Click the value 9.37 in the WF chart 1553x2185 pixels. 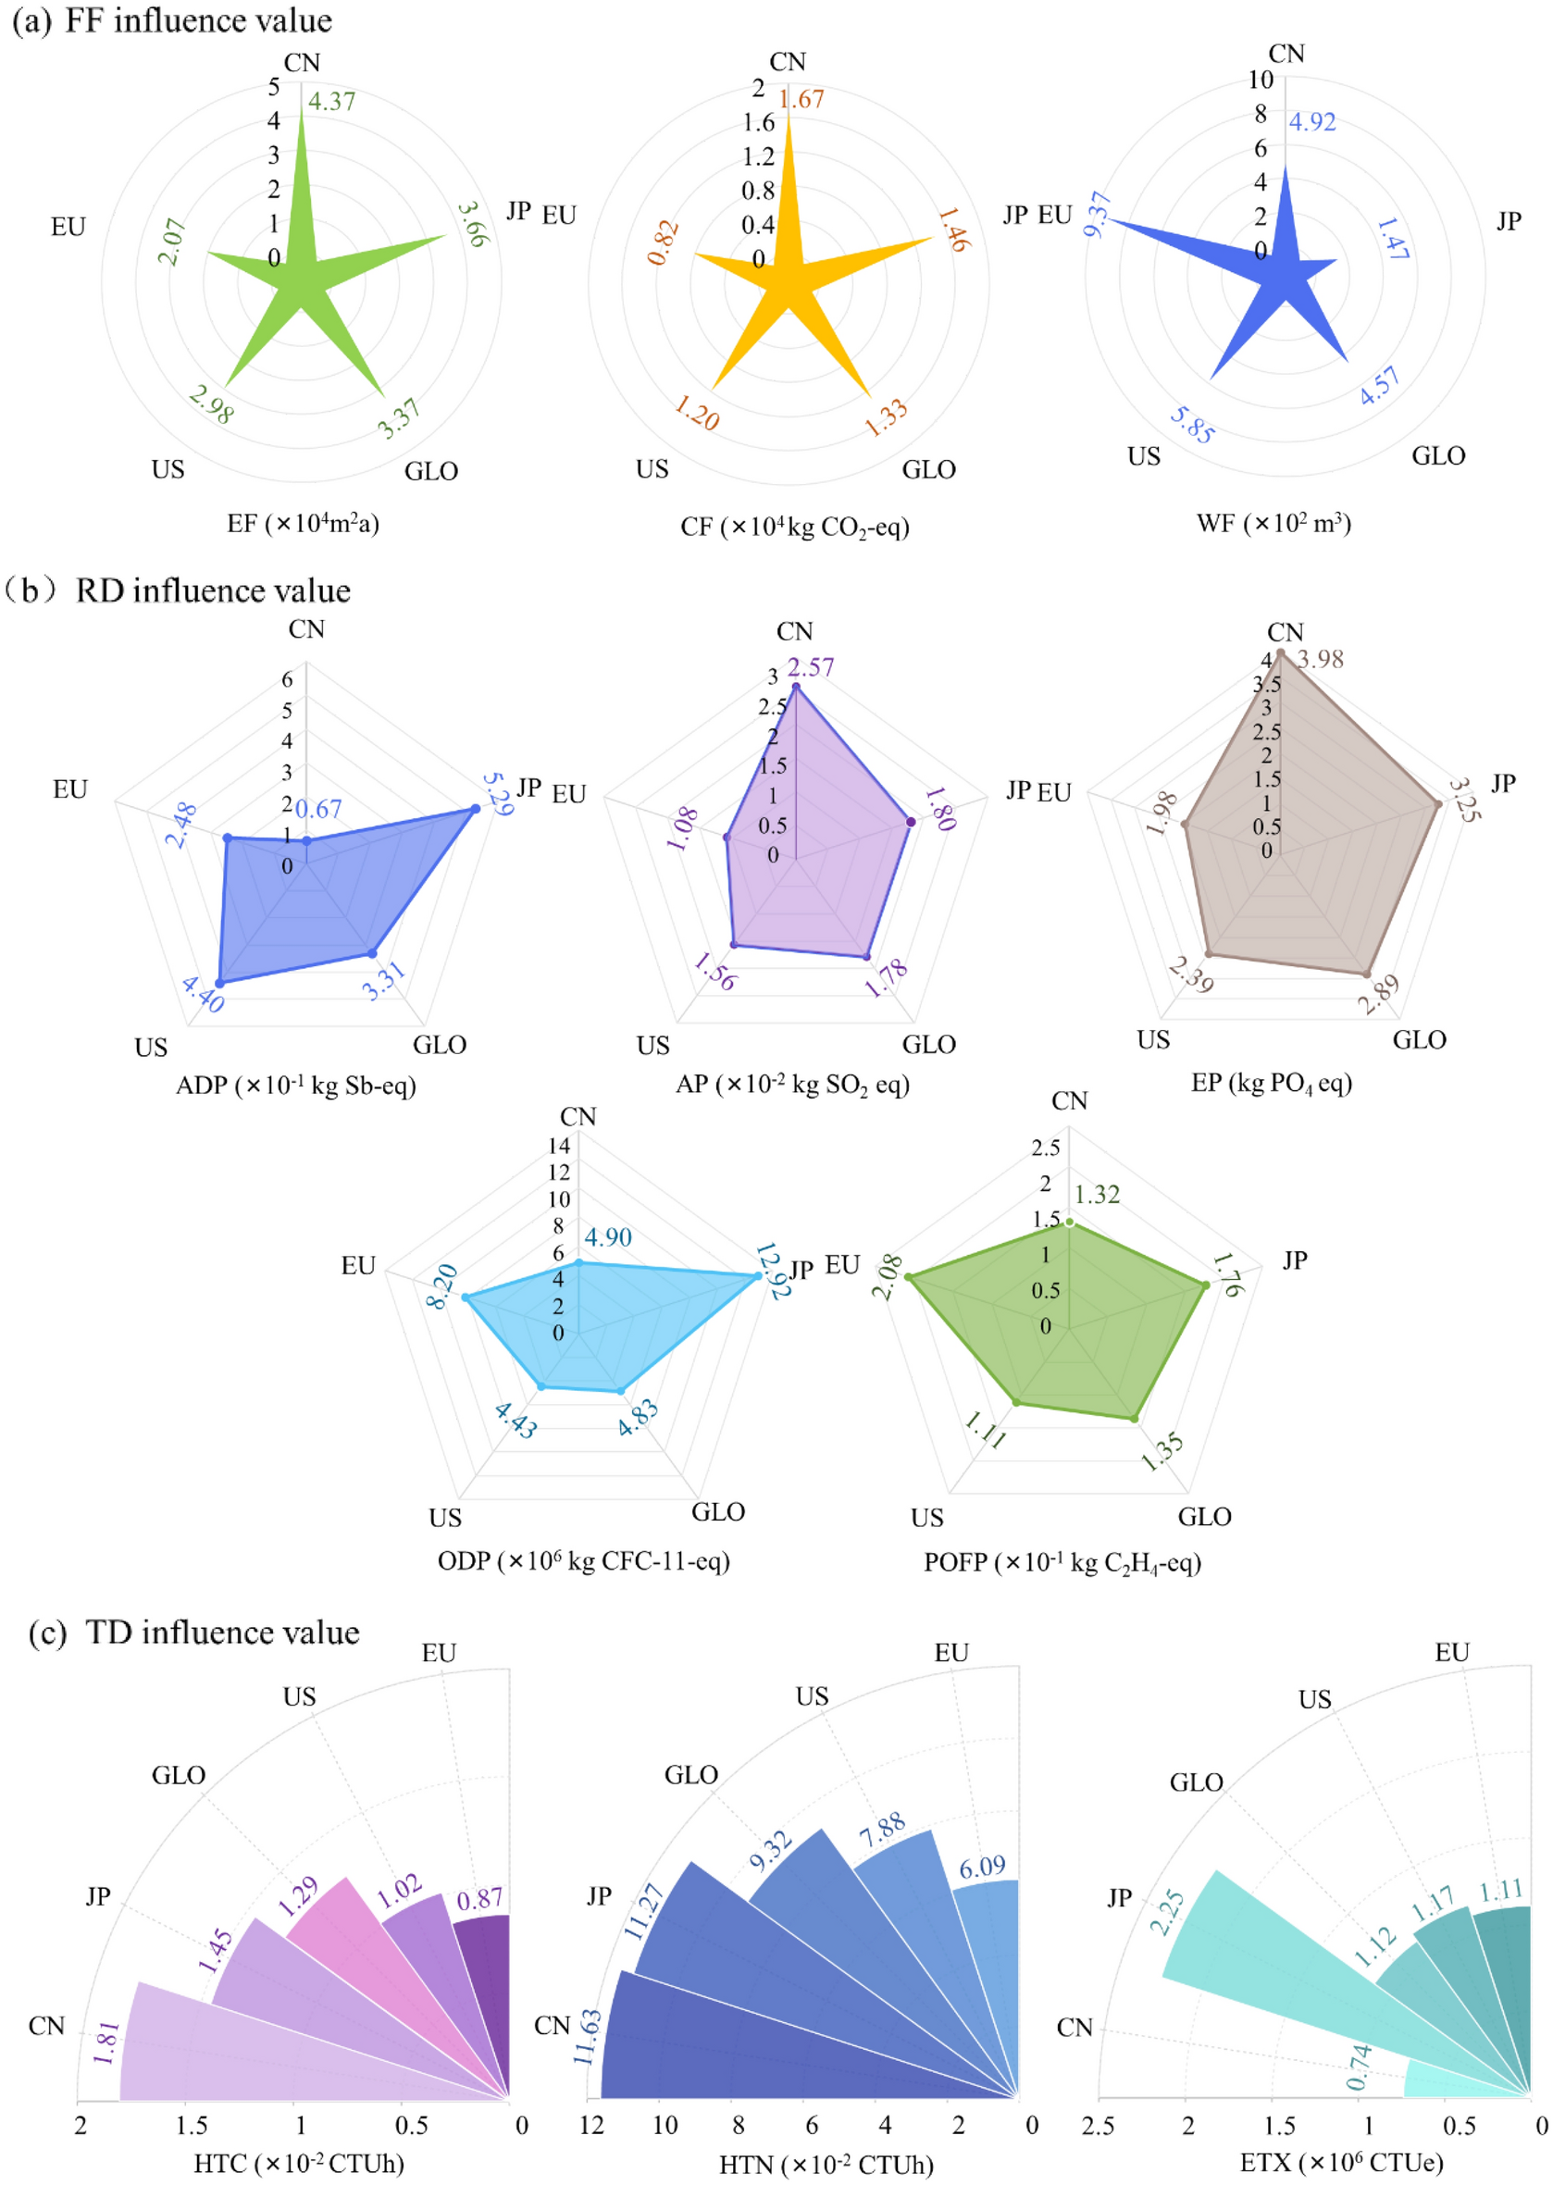pos(1098,214)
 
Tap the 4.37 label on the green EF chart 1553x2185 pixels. pos(331,102)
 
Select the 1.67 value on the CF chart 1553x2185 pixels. pos(801,98)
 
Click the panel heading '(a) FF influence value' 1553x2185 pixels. pos(172,21)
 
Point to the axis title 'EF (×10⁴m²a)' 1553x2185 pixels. pos(304,523)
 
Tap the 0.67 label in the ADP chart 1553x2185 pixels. pos(318,810)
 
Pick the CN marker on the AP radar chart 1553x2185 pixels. pos(796,687)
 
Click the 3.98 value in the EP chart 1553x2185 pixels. pos(1321,659)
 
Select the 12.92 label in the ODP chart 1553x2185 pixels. pos(773,1271)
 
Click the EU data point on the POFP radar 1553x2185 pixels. pos(908,1277)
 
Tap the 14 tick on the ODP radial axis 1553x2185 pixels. pos(559,1146)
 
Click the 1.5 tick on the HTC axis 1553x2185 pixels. pos(193,2126)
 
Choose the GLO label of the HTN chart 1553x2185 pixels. pos(690,1775)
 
